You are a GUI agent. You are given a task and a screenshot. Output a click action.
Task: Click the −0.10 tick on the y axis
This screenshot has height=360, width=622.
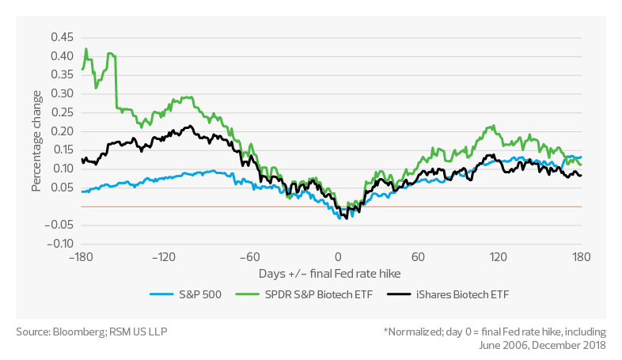tap(59, 244)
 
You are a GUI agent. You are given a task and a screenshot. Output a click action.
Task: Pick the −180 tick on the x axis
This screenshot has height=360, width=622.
tap(82, 257)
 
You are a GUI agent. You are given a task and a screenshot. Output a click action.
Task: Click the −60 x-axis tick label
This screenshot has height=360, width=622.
tap(250, 257)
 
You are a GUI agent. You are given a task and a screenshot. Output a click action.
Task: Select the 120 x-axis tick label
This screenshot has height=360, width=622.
tap(499, 257)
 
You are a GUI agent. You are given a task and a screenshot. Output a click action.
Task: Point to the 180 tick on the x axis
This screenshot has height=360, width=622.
tap(582, 257)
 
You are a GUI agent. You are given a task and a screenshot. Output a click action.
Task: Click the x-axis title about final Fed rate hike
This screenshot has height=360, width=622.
tap(332, 273)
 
